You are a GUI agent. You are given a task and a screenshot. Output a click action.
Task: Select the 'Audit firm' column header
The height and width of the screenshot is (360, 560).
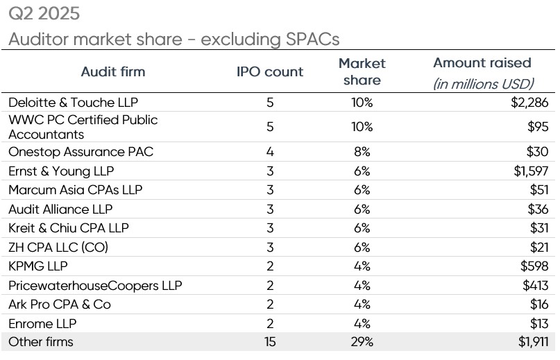click(x=113, y=72)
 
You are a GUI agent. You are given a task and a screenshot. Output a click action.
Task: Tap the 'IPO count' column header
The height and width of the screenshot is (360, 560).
click(x=270, y=72)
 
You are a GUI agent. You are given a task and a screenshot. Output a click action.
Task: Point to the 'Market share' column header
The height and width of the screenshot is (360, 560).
click(x=362, y=71)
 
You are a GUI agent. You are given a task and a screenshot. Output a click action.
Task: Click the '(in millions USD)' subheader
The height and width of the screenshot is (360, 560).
click(x=483, y=85)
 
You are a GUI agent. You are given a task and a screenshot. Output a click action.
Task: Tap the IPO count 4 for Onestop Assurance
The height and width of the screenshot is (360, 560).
click(x=270, y=152)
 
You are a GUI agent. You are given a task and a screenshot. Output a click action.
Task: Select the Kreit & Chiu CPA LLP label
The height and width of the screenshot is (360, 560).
click(x=69, y=228)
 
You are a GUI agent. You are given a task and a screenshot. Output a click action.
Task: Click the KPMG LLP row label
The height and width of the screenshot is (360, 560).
click(x=38, y=266)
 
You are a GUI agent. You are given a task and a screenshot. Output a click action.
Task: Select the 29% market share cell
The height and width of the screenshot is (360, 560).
click(x=362, y=342)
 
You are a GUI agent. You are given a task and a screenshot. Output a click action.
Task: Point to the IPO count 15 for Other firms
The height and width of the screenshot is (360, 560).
click(x=270, y=342)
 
